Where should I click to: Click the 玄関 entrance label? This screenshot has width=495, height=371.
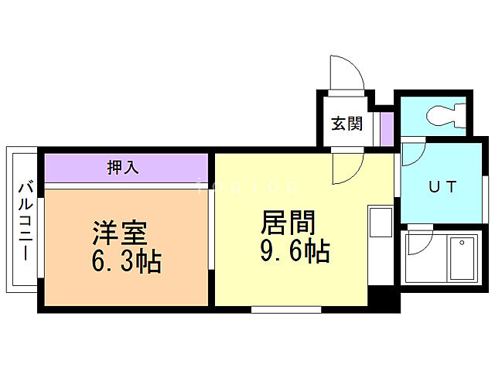point(346,123)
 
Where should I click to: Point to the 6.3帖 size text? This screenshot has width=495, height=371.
point(126,262)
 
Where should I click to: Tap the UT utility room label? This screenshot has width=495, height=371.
point(444,186)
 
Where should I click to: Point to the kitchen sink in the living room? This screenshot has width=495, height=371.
point(381,223)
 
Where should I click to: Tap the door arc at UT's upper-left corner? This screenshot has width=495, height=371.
point(411,152)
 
